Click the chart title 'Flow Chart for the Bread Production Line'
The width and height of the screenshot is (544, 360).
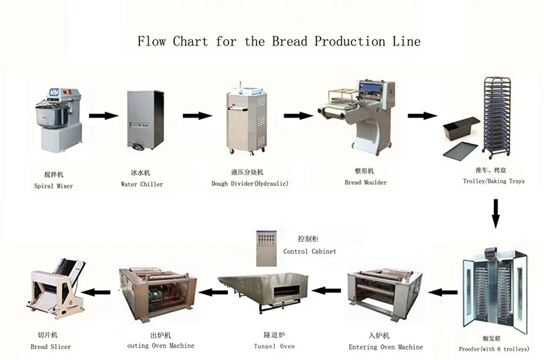click(x=279, y=41)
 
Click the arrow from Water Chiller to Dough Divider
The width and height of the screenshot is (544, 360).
click(x=196, y=115)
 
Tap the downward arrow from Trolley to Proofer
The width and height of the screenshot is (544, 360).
click(x=496, y=212)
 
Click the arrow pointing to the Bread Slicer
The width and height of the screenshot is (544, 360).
click(x=99, y=292)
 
